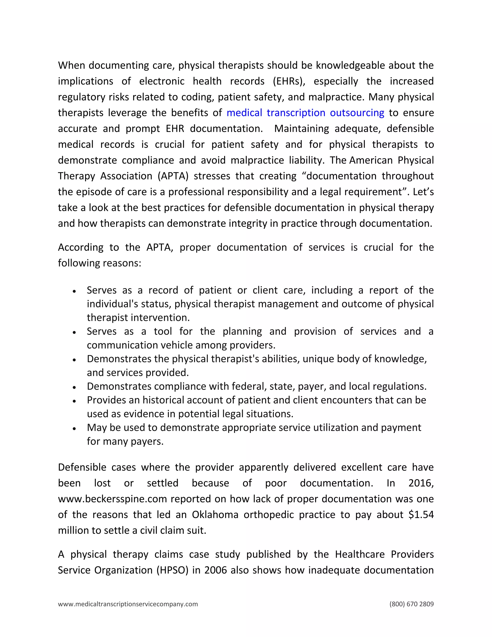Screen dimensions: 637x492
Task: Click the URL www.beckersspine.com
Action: (112, 499)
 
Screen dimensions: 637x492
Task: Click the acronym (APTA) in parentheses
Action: (173, 176)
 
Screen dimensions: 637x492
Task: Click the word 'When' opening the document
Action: (71, 65)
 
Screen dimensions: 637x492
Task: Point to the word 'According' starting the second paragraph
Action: (80, 247)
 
